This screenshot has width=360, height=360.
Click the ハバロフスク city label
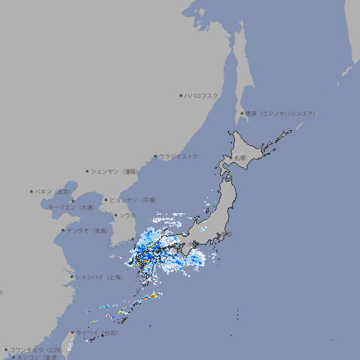coord(202,96)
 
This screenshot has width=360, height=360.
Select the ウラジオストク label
coord(179,157)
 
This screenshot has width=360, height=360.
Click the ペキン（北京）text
coord(54,191)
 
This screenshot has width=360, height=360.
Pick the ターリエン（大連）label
coord(71,207)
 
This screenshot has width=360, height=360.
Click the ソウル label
coord(127,216)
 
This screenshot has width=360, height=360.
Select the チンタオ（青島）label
coord(87,231)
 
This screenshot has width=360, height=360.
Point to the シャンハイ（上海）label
coord(98,277)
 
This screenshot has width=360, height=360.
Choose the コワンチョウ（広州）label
coord(36,349)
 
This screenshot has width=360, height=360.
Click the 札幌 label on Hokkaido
coord(240,158)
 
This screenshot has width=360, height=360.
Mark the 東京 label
coord(226,235)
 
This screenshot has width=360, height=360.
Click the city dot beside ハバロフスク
coord(181,96)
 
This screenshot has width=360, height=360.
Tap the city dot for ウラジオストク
coord(155,157)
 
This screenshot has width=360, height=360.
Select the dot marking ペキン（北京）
coord(32,191)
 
